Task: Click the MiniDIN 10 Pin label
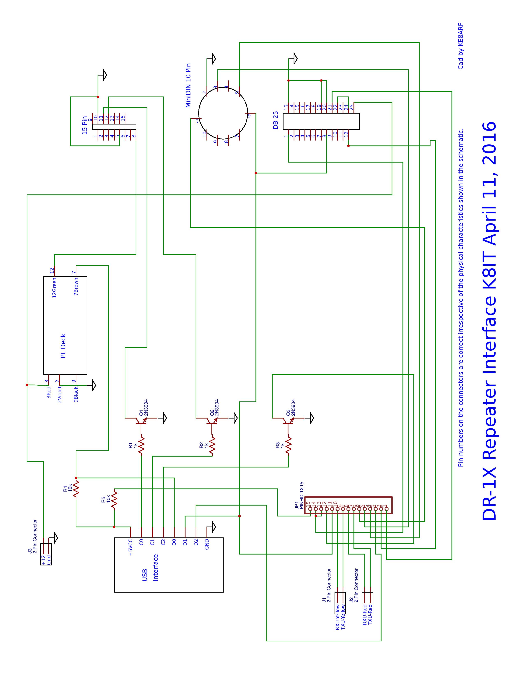188,86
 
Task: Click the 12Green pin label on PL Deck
54,288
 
